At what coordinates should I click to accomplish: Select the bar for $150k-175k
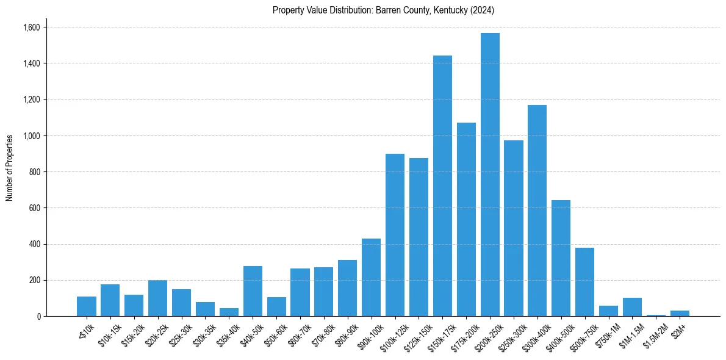click(x=442, y=186)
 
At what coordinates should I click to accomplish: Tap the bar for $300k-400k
click(x=537, y=211)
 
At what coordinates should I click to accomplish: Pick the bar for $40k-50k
click(x=253, y=291)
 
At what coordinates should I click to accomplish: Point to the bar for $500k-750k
click(x=584, y=282)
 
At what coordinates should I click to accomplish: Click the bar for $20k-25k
click(x=157, y=298)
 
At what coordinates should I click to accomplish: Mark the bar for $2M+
click(x=680, y=314)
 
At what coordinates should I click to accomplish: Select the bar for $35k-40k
click(x=229, y=312)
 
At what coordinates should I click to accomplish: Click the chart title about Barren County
click(x=383, y=10)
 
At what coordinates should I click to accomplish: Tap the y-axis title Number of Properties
click(x=10, y=168)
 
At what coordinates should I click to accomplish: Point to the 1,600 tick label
click(x=32, y=27)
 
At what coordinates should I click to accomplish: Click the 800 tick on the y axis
click(x=35, y=172)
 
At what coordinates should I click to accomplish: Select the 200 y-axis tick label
click(x=35, y=281)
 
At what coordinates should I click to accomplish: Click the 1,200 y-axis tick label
click(x=32, y=99)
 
